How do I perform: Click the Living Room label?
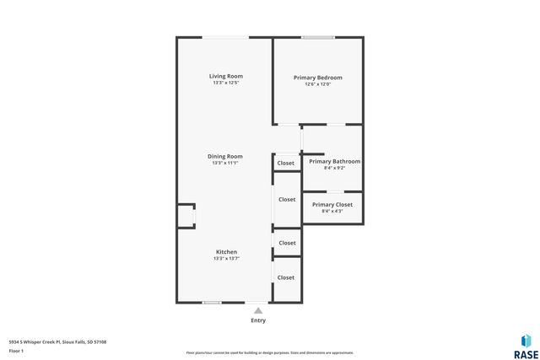coord(226,76)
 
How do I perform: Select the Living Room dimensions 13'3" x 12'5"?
coord(226,83)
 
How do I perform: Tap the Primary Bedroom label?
coord(317,78)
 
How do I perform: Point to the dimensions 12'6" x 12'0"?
coord(317,84)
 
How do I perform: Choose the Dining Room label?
coord(226,156)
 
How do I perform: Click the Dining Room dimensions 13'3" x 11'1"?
coord(226,163)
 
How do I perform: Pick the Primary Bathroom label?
coord(334,161)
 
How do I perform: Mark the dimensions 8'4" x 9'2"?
coord(334,168)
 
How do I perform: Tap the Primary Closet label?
coord(332,204)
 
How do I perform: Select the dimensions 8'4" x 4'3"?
coord(332,211)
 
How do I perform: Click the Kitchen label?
coord(226,252)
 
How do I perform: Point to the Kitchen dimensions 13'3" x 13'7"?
coord(226,259)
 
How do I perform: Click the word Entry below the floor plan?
coord(258,320)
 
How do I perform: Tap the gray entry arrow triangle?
coord(258,310)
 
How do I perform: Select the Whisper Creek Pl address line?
coord(57,341)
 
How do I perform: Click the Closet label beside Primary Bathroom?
coord(286,163)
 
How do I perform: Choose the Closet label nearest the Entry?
coord(286,277)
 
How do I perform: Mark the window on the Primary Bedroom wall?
coord(318,37)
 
